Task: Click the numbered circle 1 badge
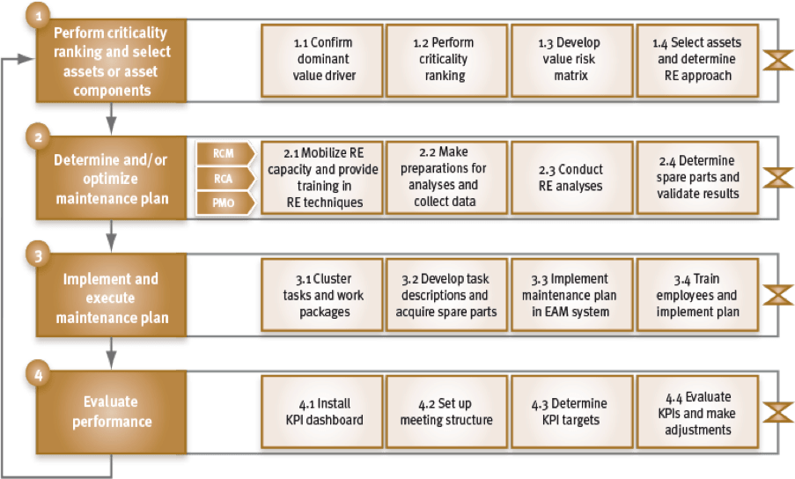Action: coord(39,16)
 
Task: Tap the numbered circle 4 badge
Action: coord(39,374)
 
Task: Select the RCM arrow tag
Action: coord(225,153)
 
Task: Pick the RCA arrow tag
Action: coord(225,179)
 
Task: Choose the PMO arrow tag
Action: coord(225,203)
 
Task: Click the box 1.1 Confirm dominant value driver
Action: coord(322,61)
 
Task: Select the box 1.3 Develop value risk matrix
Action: coord(572,61)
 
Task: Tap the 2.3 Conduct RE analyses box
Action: coord(572,177)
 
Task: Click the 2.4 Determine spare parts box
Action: coord(697,177)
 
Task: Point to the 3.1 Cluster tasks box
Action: coord(322,295)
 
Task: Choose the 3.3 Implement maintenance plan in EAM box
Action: coord(572,295)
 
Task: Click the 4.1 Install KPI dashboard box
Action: coord(322,411)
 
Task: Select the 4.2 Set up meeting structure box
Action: coord(446,411)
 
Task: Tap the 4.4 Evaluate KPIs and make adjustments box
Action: coord(697,411)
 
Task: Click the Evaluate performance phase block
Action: coord(112,411)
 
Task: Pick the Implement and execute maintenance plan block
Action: coord(112,295)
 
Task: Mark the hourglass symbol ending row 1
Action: coord(778,61)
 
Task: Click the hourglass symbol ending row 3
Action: coord(778,295)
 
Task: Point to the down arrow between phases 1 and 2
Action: coord(112,119)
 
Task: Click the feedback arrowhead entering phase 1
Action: coord(26,59)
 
